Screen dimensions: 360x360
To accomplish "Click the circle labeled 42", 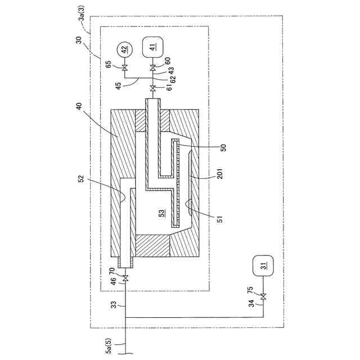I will coord(125,49).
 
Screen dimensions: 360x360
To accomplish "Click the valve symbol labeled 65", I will coord(125,68).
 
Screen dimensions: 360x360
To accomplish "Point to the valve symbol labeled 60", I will coord(153,68).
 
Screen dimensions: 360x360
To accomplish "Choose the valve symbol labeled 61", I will coord(153,88).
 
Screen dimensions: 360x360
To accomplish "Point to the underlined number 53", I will coord(162,214).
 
